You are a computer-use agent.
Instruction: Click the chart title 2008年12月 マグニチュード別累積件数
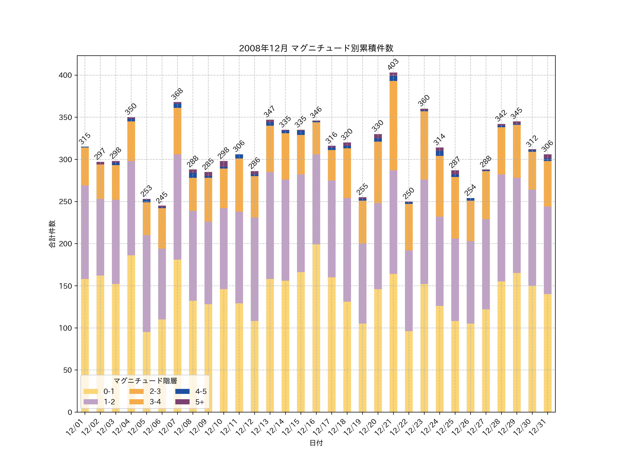[316, 48]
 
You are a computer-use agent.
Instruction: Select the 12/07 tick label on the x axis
[167, 427]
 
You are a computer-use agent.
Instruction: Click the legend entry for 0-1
[99, 391]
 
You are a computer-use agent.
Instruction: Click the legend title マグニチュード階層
[145, 381]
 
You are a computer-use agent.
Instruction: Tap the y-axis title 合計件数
[52, 234]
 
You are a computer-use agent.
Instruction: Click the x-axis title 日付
[316, 443]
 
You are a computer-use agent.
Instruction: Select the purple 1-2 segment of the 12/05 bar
[146, 283]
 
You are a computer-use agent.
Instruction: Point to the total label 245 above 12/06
[162, 197]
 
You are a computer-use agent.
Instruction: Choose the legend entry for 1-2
[99, 402]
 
